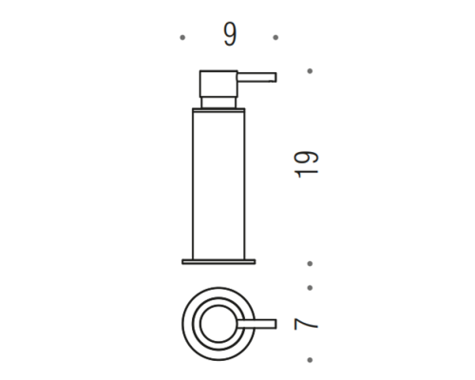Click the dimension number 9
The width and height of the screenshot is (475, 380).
[230, 34]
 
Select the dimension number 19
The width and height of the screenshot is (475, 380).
[307, 164]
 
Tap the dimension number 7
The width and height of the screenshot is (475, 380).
[306, 324]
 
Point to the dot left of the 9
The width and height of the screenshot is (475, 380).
[182, 37]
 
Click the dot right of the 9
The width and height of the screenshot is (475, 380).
[275, 37]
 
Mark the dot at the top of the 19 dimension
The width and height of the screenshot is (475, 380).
[310, 71]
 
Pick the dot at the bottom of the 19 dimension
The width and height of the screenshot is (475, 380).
[310, 263]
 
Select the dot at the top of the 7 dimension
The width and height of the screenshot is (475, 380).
[310, 288]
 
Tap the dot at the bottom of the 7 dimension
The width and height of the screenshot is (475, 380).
[310, 360]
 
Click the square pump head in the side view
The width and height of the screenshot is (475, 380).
[218, 84]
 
